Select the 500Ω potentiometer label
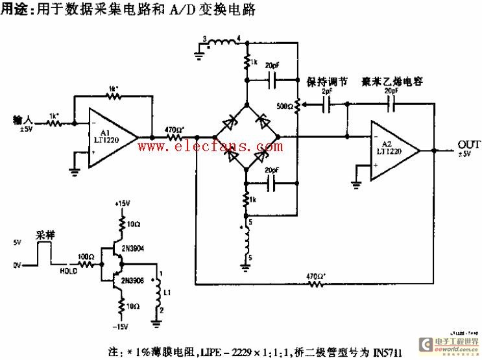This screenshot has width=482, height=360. pyautogui.click(x=284, y=106)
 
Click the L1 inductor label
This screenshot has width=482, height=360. pyautogui.click(x=168, y=294)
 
